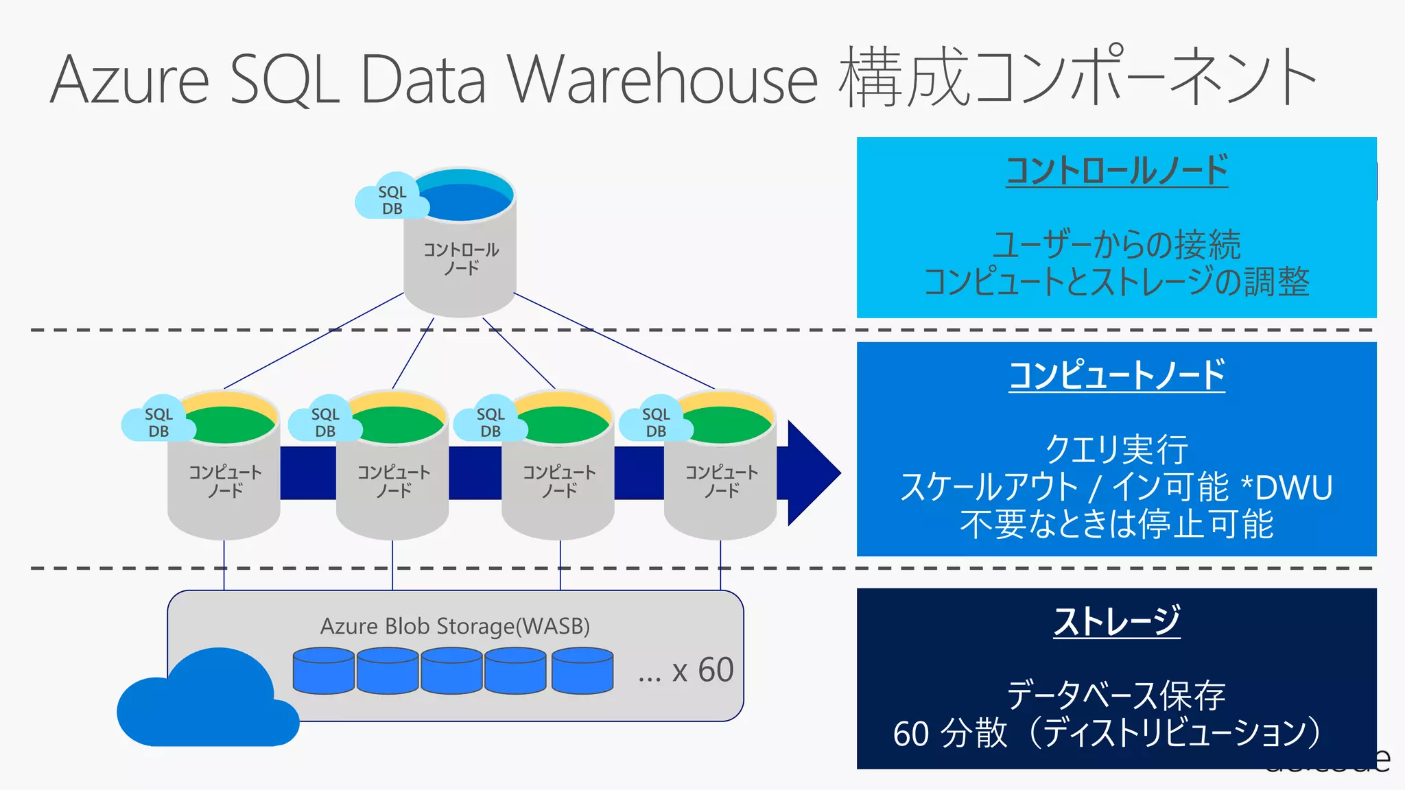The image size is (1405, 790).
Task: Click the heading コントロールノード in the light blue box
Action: coord(1116,170)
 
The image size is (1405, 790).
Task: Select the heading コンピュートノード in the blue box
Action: coord(1116,375)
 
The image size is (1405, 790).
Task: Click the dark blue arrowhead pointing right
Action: coord(812,472)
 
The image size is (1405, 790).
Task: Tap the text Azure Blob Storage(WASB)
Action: coord(455,626)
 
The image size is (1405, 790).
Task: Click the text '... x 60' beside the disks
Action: coord(685,670)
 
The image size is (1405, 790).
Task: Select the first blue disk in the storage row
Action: coord(323,671)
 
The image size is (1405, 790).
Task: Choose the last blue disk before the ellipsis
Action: coord(582,671)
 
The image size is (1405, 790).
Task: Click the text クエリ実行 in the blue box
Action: coord(1116,450)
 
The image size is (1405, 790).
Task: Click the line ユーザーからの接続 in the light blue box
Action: coord(1116,245)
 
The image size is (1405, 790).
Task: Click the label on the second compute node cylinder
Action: coord(393,481)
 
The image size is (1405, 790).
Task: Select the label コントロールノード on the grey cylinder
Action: coord(460,259)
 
